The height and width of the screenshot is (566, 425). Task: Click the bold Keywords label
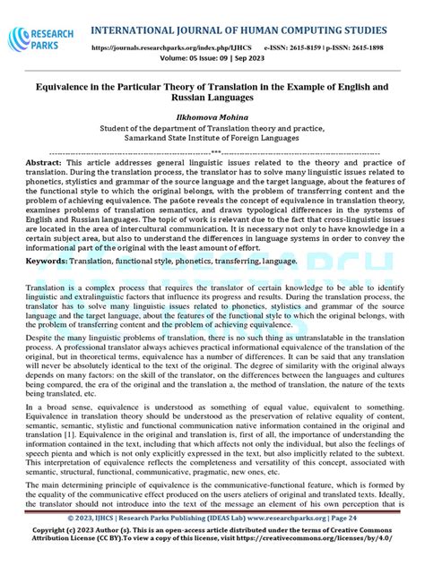click(x=45, y=261)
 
